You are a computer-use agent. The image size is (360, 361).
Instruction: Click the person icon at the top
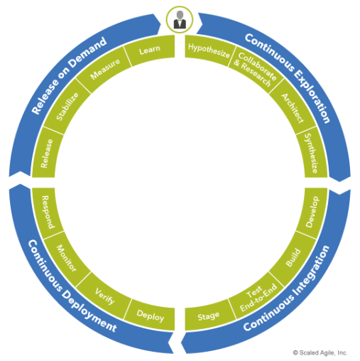[180, 20]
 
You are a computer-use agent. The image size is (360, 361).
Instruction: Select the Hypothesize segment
[208, 50]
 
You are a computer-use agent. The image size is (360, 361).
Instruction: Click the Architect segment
[293, 108]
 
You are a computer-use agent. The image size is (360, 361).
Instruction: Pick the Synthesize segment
[312, 153]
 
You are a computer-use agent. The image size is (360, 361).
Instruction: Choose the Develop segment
[312, 212]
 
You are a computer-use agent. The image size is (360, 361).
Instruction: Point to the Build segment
[293, 258]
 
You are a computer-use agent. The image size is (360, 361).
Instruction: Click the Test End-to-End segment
[257, 296]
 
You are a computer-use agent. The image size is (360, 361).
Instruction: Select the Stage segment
[208, 316]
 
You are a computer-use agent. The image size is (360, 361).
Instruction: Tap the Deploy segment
[151, 316]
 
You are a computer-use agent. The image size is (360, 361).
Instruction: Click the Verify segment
[104, 296]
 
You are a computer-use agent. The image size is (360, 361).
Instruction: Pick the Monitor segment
[67, 258]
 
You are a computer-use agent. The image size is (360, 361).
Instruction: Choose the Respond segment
[48, 212]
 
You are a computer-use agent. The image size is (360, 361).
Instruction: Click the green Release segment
[46, 153]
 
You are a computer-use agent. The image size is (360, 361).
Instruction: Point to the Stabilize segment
[67, 107]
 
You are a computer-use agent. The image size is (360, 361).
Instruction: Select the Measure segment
[104, 69]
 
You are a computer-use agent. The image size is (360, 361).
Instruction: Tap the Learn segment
[150, 50]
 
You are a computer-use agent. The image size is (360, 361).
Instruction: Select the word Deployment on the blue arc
[89, 312]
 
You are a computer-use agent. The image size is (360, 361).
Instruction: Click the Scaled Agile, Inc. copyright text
[320, 352]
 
